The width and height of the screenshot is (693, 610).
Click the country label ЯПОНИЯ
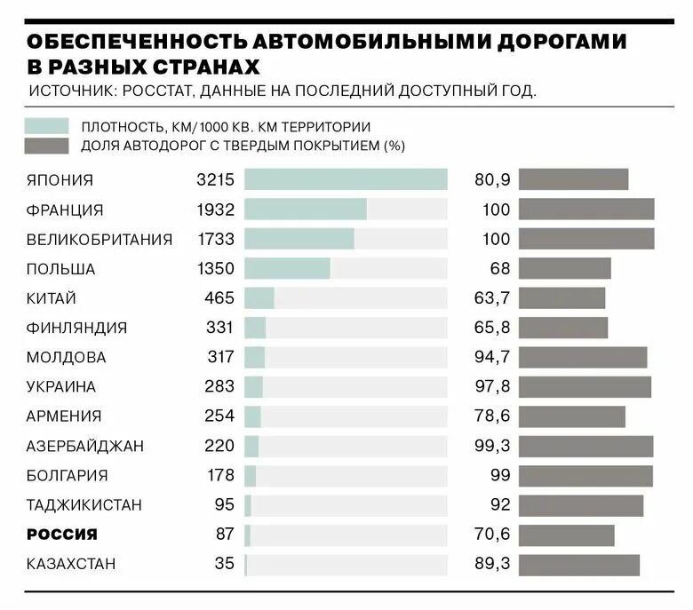click(60, 180)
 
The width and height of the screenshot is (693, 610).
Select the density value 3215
click(215, 180)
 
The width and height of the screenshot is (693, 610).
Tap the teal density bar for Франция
click(305, 210)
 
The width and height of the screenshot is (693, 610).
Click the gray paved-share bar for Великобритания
click(586, 239)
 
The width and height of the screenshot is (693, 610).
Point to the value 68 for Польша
click(500, 269)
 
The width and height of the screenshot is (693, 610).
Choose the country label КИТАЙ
click(52, 298)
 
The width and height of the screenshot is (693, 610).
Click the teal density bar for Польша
click(287, 269)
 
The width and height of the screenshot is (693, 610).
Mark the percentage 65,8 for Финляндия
click(493, 328)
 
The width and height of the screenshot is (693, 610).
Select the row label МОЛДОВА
click(67, 357)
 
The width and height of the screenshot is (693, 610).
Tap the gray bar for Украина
click(585, 387)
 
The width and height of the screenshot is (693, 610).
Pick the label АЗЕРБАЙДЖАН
click(85, 446)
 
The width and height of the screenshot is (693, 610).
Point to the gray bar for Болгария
click(585, 475)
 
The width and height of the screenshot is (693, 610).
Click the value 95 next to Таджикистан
click(224, 505)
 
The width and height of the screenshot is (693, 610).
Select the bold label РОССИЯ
click(62, 535)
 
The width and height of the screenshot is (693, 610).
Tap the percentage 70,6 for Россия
click(493, 535)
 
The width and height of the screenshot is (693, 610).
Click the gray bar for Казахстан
click(579, 564)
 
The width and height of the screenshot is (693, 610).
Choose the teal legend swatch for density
click(47, 126)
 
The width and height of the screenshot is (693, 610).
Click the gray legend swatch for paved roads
click(47, 146)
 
